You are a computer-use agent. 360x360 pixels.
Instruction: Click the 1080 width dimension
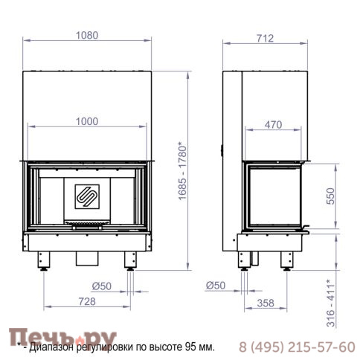[87, 36]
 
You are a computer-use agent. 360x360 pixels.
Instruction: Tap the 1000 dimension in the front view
[87, 121]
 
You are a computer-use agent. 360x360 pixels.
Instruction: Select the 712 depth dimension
[265, 39]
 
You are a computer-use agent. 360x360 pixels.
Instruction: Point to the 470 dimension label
[273, 125]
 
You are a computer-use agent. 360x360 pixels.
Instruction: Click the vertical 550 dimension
[330, 196]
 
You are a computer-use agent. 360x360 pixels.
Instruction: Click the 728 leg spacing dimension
[87, 301]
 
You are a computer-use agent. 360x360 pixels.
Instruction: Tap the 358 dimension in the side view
[266, 303]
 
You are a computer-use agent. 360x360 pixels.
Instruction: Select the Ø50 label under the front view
[102, 286]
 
